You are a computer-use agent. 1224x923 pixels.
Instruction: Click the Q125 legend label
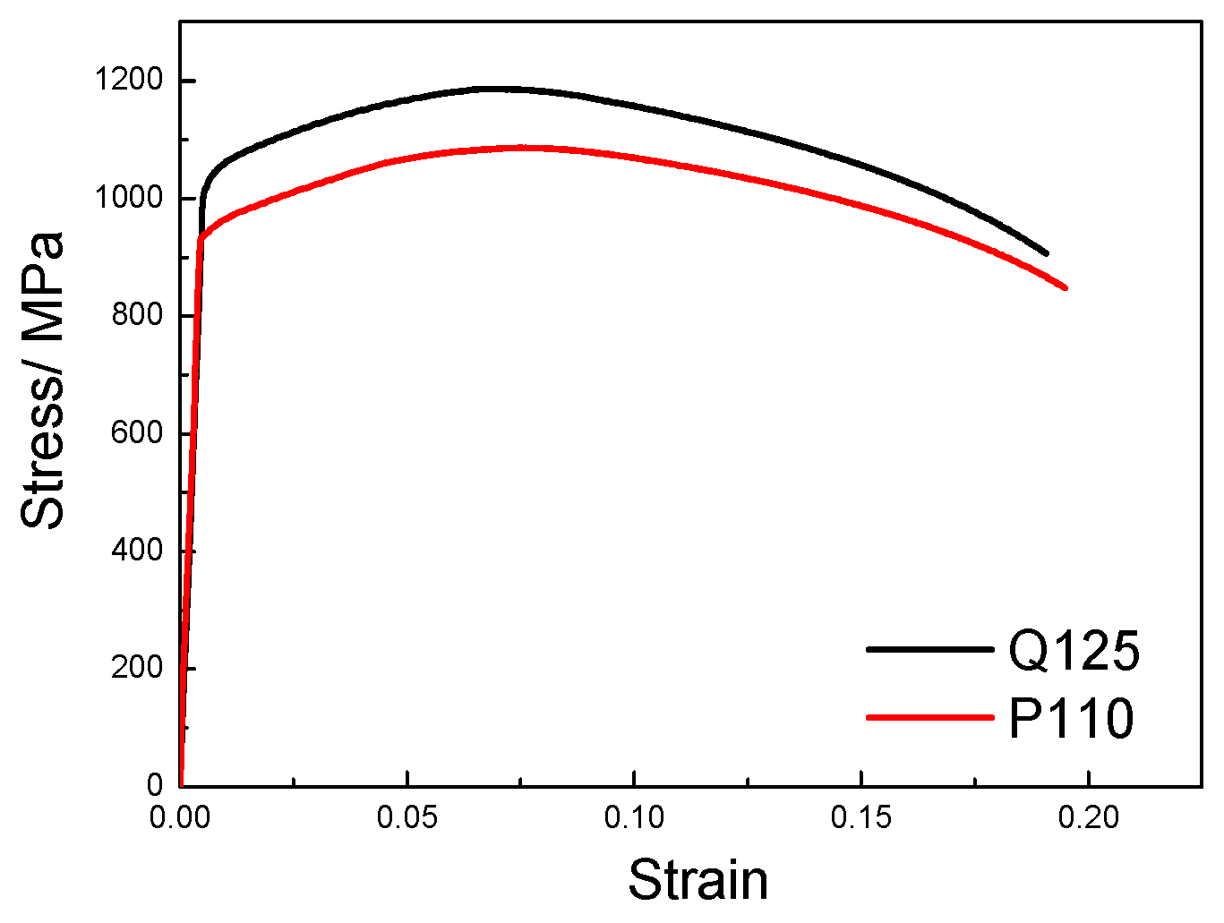coord(1074,651)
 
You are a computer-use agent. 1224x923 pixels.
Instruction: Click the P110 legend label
coord(1071,719)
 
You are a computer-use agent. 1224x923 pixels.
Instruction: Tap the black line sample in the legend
coord(929,648)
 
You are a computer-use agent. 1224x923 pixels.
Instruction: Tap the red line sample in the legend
coord(929,717)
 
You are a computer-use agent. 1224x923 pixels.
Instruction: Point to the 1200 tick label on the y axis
coord(129,81)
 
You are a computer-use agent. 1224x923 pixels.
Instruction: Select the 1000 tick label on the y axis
coord(129,198)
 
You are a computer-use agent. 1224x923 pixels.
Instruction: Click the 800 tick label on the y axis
coord(137,315)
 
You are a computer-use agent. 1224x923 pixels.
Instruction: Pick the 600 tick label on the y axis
coord(137,433)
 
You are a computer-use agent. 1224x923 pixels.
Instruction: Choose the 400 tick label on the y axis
coord(137,551)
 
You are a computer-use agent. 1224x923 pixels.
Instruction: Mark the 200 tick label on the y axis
coord(137,668)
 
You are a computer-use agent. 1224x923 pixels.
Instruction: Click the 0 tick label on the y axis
coord(155,785)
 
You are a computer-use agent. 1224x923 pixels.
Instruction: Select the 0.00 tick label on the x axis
coord(180,817)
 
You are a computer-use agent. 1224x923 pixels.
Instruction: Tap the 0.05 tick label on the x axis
coord(407,817)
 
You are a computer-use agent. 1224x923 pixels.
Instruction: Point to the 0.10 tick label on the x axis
coord(634,817)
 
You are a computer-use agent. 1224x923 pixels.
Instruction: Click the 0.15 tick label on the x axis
coord(860,817)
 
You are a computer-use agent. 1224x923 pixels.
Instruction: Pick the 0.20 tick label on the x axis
coord(1087,817)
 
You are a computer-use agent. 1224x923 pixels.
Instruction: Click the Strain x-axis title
coord(698,880)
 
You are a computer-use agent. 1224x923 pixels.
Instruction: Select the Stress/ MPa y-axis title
coord(42,380)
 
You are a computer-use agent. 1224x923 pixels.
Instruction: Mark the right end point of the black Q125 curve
coord(1046,254)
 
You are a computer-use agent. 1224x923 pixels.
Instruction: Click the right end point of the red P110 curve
coord(1066,287)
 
